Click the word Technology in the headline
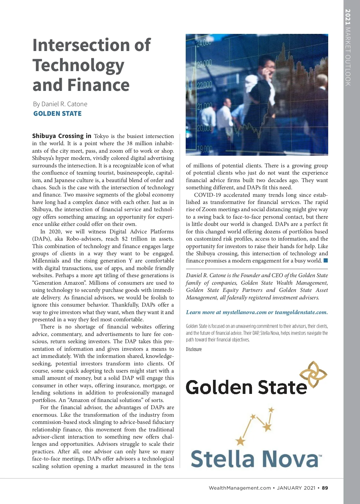(78, 65)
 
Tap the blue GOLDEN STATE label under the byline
(57, 114)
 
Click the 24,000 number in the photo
(204, 43)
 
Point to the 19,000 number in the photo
(204, 149)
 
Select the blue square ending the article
(325, 260)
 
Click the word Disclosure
(194, 349)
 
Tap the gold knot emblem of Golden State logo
(313, 374)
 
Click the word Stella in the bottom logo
(222, 459)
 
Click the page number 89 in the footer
(325, 488)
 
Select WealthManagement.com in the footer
(240, 488)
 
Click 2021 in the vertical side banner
(348, 17)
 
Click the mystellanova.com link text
(244, 312)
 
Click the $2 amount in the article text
(125, 239)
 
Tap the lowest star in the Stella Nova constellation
(240, 441)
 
